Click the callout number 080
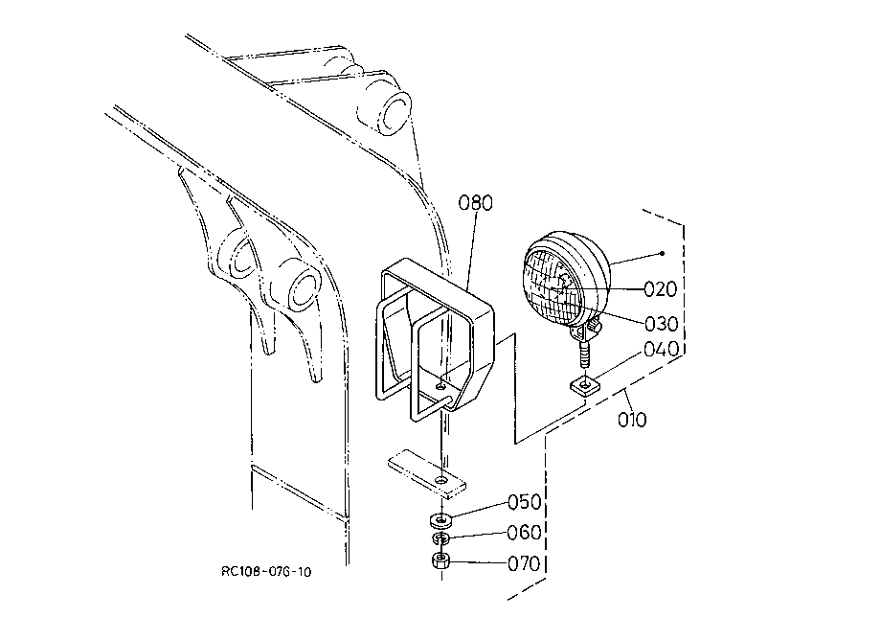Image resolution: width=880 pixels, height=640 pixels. pos(475,203)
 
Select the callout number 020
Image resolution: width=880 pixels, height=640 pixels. pos(660,289)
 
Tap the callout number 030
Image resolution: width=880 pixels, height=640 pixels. pos(661,324)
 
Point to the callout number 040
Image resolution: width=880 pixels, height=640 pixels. pos(661,349)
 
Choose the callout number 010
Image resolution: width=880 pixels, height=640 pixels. pos(632,420)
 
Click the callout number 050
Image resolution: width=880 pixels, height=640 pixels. pos(524,502)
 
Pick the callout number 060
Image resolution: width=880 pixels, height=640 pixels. pos(524,532)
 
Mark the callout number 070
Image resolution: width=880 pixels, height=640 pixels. pos(524,563)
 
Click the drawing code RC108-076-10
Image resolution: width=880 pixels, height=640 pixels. pos(266,572)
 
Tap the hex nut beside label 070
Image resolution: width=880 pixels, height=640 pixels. pos(440,560)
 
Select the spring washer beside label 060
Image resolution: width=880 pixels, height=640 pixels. pos(440,539)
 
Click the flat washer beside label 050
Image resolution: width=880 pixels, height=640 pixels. pos(440,520)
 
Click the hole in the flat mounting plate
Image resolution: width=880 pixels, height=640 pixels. pos(442,481)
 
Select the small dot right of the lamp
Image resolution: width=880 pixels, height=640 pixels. pos(663,253)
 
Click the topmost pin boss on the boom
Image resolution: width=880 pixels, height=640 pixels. pos(394,113)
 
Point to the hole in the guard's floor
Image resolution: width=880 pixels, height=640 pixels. pos(441,386)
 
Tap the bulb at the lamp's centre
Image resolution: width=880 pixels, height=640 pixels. pos(559,286)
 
